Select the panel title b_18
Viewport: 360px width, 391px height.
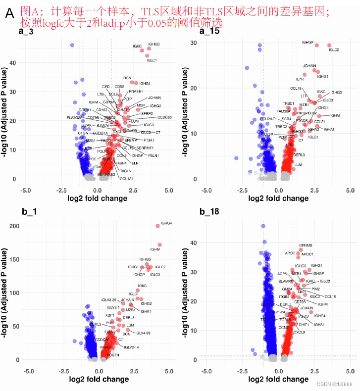(209, 212)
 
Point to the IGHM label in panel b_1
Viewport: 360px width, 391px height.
(155, 249)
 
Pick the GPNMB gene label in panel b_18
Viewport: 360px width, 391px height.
(306, 245)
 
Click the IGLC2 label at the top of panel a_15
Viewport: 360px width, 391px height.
(333, 50)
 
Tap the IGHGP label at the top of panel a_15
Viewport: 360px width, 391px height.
(308, 43)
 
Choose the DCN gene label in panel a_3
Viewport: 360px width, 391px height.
(127, 78)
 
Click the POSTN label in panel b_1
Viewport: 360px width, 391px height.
(113, 355)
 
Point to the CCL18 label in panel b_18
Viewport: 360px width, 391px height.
(330, 296)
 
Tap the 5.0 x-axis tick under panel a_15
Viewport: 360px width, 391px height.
(350, 190)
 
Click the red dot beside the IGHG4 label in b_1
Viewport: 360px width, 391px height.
(157, 226)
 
